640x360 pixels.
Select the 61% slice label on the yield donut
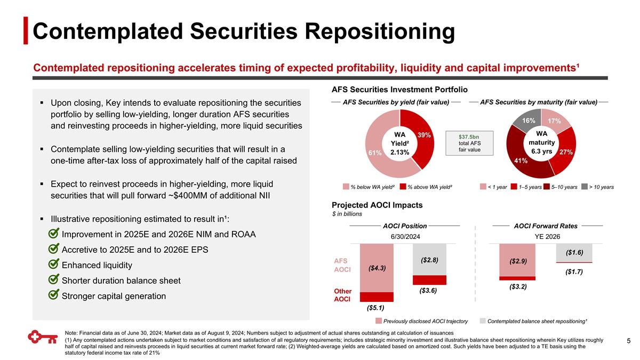click(374, 153)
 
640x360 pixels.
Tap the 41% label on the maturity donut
click(521, 161)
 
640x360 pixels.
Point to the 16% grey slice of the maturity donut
click(529, 121)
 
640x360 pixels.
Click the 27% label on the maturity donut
click(566, 152)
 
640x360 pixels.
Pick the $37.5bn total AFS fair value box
click(469, 143)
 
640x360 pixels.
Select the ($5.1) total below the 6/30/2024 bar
click(376, 308)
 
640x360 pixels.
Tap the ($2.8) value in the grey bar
click(429, 260)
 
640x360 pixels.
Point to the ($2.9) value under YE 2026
click(517, 261)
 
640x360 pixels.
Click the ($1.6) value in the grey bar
click(574, 252)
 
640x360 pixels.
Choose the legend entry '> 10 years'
click(597, 187)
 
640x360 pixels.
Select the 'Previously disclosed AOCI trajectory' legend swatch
click(379, 321)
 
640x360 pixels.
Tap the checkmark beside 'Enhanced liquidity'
click(53, 265)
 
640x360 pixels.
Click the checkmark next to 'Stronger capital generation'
click(53, 295)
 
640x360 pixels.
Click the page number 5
click(628, 341)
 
